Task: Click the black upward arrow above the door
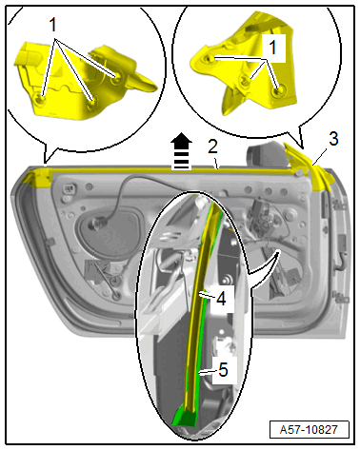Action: click(x=182, y=151)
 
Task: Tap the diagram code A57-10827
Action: click(x=309, y=430)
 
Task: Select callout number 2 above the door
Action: click(x=213, y=147)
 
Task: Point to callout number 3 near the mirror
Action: click(x=333, y=139)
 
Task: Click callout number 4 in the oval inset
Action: click(x=221, y=299)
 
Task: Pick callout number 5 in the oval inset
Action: click(x=224, y=370)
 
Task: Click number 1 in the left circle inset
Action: click(x=52, y=25)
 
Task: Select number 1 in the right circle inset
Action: click(x=272, y=48)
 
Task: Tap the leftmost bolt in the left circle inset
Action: click(x=41, y=99)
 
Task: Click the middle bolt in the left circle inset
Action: click(x=92, y=103)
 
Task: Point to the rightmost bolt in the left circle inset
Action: click(x=117, y=75)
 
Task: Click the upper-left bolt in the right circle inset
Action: click(x=210, y=58)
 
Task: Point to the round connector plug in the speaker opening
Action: click(x=97, y=225)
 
